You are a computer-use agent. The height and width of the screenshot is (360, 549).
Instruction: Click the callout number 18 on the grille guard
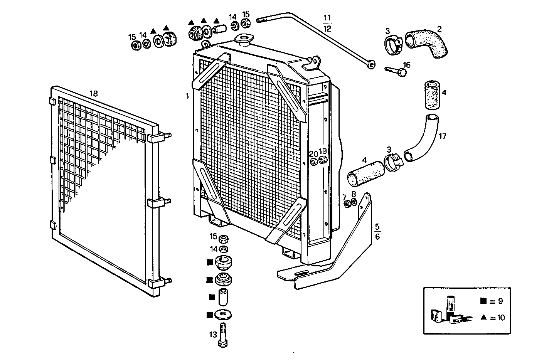(x=93, y=93)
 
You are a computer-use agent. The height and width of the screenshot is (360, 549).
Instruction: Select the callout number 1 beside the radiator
(x=187, y=96)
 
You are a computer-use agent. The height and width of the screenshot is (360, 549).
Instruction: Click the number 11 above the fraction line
(x=327, y=18)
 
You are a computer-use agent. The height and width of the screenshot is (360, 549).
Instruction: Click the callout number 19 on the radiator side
(x=323, y=151)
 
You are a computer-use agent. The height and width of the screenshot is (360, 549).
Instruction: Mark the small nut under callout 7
(x=347, y=203)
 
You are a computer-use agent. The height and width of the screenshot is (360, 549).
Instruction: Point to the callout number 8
(x=354, y=194)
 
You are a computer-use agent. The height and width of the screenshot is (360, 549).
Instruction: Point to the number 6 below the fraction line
(x=377, y=236)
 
